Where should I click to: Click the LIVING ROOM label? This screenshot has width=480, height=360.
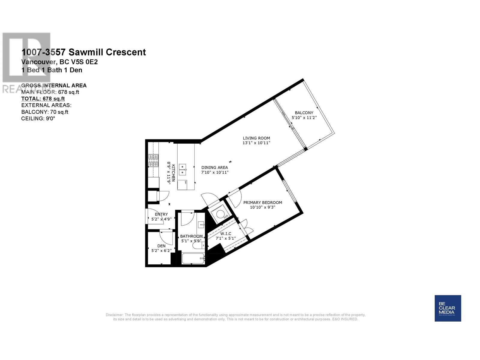tap(256, 138)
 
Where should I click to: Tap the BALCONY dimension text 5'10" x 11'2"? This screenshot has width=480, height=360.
tap(304, 118)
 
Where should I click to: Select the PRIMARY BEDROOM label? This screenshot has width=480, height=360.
tap(262, 202)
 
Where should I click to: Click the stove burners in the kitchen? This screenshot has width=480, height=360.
tap(153, 160)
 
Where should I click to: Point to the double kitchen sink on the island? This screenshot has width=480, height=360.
tap(182, 170)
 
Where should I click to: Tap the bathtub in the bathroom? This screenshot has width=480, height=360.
tap(193, 258)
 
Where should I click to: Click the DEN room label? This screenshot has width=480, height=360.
tap(161, 246)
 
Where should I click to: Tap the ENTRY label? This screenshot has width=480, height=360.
tap(161, 214)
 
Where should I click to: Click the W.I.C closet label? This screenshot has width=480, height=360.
tap(226, 234)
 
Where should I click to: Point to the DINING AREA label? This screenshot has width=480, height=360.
tap(214, 167)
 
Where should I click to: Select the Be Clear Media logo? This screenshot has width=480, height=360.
tap(448, 308)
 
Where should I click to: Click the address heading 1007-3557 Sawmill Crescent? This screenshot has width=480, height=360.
tap(83, 52)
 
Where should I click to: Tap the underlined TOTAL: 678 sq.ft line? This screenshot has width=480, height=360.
tap(43, 99)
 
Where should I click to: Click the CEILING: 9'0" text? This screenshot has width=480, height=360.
tap(38, 118)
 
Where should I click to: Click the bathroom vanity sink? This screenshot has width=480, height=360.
tap(201, 224)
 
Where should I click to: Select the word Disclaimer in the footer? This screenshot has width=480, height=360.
tap(114, 315)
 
